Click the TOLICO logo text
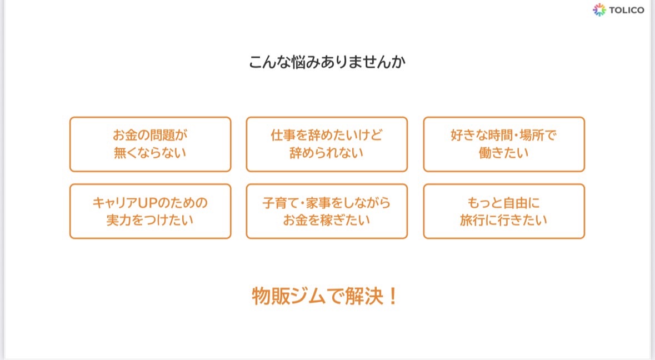point(626,10)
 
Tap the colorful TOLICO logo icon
point(599,9)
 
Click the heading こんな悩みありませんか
point(327,62)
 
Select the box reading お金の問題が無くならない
point(151,144)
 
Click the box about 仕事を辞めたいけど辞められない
point(327,144)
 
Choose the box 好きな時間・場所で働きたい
point(504,144)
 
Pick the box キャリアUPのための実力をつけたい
point(151,211)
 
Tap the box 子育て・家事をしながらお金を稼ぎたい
point(327,211)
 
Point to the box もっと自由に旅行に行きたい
point(504,211)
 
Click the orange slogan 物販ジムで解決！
point(324,296)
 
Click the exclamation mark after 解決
point(392,296)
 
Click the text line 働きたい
point(504,153)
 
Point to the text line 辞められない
point(327,153)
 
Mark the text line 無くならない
point(150,153)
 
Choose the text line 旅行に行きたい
point(504,220)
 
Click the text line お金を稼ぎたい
point(327,220)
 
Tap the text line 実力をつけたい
point(150,220)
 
